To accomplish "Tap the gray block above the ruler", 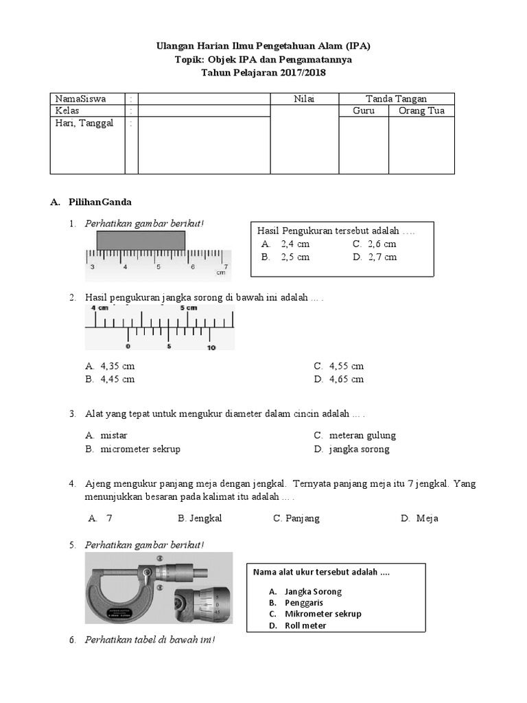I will (x=141, y=240).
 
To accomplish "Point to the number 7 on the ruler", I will (x=226, y=267).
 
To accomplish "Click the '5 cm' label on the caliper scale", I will (x=189, y=308).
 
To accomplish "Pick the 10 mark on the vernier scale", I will (x=211, y=347).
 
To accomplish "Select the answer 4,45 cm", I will (x=117, y=379).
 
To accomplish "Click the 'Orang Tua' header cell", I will (x=421, y=111).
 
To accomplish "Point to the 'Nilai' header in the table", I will (x=304, y=99).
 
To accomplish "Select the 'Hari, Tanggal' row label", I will (x=84, y=124).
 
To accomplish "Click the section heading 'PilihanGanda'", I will (x=99, y=203).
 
